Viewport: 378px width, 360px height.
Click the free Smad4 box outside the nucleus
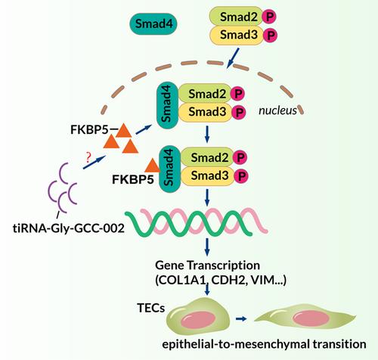153,24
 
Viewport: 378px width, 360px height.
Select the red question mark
88,157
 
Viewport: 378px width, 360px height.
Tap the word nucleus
277,110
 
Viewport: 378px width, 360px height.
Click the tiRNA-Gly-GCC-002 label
69,228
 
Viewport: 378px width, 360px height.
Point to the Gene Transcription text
207,265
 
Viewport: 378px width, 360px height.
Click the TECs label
151,308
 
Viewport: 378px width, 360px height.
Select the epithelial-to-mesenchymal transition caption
264,344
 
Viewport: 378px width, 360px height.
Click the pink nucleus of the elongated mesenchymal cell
311,318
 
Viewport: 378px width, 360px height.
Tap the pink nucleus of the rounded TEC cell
199,319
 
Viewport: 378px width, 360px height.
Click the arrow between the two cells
241,319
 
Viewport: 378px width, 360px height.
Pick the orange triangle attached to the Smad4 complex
153,166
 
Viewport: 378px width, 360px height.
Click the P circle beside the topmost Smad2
269,17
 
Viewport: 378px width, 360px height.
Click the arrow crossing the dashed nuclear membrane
233,58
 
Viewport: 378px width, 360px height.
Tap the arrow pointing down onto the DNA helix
207,197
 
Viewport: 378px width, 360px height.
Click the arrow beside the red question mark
94,163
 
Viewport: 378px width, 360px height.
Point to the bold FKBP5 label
133,179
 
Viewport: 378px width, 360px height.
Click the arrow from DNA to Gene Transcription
207,247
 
